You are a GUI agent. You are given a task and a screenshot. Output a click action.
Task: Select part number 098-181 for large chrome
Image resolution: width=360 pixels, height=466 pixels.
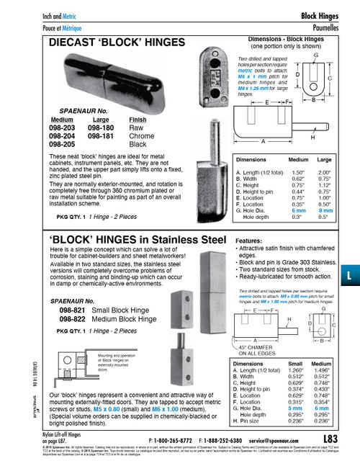pos(99,135)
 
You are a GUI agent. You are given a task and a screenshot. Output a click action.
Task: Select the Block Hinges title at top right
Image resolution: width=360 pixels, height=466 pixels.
pos(321,14)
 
